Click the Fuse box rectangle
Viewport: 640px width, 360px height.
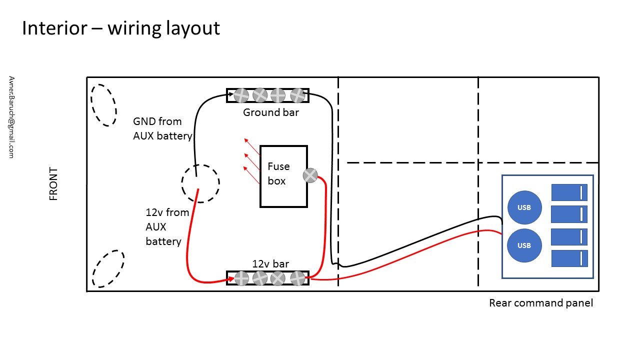[283, 176]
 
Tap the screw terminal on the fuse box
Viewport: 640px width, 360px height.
[310, 175]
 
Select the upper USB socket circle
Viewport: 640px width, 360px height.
[524, 207]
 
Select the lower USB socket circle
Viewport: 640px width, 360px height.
[524, 245]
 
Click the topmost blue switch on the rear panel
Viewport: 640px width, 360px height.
[569, 192]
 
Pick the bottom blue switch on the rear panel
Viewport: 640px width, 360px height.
[569, 258]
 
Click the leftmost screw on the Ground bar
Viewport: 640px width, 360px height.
[241, 95]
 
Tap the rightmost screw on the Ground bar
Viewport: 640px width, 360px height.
[297, 95]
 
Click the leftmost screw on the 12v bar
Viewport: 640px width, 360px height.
[241, 278]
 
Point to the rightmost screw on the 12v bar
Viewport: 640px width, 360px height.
[297, 278]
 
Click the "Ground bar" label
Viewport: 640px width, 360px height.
[271, 112]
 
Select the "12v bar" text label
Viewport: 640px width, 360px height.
[270, 264]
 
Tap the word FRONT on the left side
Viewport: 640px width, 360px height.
[53, 184]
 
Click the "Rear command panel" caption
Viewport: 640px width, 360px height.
[541, 303]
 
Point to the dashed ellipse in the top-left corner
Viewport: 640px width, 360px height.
[103, 105]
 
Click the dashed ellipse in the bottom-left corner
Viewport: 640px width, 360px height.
[108, 268]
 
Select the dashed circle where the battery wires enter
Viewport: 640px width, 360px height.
[200, 183]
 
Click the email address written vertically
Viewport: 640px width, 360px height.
[11, 117]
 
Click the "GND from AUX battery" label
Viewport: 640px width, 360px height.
[162, 128]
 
